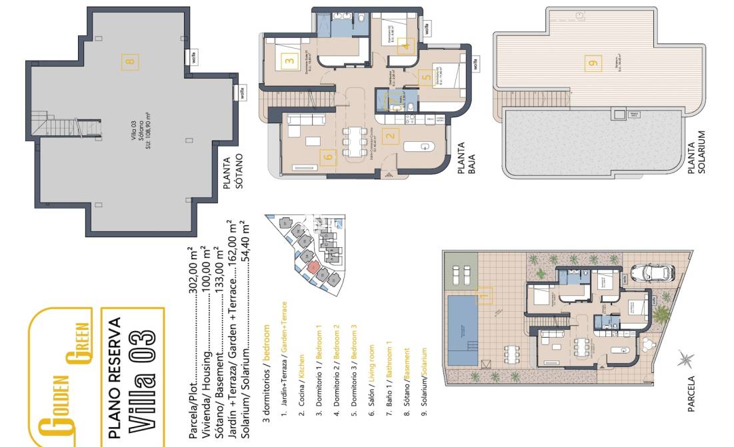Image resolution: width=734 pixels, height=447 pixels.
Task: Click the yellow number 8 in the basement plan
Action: click(130, 62)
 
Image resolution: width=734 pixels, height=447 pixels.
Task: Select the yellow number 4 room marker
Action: click(407, 46)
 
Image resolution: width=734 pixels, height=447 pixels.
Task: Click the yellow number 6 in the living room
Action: click(327, 157)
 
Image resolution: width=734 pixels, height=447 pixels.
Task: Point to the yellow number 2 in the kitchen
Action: click(391, 137)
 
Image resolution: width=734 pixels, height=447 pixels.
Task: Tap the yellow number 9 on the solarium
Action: click(593, 64)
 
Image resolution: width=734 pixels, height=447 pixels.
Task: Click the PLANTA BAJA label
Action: click(466, 161)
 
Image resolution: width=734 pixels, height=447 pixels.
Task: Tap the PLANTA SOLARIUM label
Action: click(696, 153)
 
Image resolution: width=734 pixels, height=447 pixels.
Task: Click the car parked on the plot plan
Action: click(651, 274)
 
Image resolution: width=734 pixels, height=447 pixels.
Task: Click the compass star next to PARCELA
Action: click(685, 362)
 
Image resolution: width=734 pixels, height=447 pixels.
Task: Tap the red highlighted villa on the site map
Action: click(314, 268)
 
